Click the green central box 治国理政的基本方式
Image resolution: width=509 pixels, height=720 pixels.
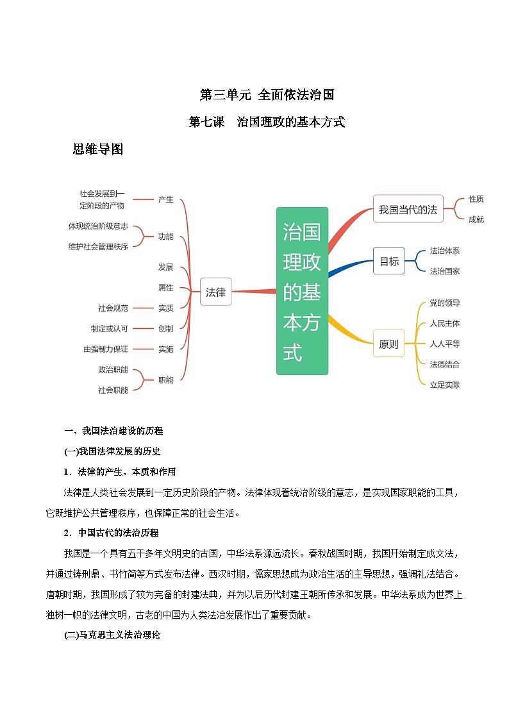[x=302, y=290]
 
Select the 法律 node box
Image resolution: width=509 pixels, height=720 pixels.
[x=215, y=292]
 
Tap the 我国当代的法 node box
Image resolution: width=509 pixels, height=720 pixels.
[x=408, y=209]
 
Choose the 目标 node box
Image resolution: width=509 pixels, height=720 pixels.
[x=389, y=261]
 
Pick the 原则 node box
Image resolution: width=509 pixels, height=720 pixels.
[x=388, y=344]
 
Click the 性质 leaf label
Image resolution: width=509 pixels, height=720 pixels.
[x=476, y=199]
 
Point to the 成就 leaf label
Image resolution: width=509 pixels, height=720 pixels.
[x=476, y=219]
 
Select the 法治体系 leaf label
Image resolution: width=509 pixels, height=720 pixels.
[x=444, y=251]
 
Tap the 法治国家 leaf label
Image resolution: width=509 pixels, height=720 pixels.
[x=444, y=271]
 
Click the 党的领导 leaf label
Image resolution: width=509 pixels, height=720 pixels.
[x=444, y=303]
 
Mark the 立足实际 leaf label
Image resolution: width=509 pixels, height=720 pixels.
[x=444, y=385]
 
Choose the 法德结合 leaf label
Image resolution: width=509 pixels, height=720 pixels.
[x=444, y=364]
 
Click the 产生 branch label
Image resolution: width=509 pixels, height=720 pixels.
[x=165, y=199]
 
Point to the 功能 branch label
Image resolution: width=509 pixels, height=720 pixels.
[x=165, y=237]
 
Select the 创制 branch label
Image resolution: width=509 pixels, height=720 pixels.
[x=165, y=328]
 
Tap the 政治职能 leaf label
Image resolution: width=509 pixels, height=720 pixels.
[x=113, y=369]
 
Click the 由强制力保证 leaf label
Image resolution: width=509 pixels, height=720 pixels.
[x=106, y=349]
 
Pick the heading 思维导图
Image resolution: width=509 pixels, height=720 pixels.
[x=97, y=149]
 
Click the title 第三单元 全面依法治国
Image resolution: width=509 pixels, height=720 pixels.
[x=267, y=95]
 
